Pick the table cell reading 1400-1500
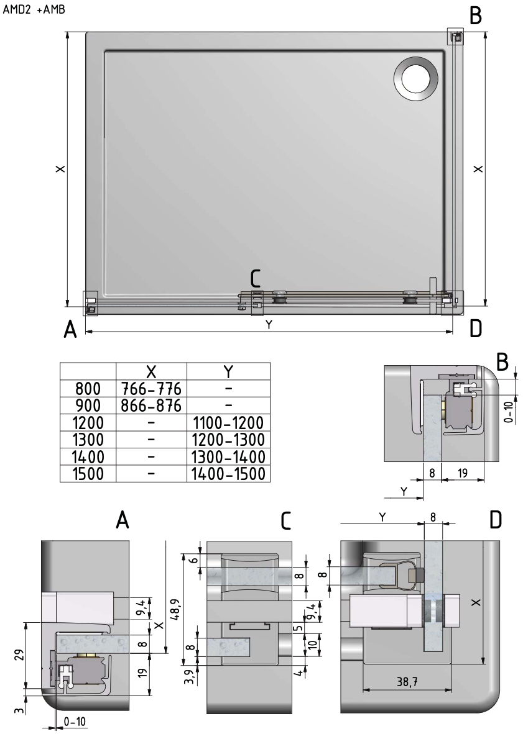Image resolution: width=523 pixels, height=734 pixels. tap(228, 473)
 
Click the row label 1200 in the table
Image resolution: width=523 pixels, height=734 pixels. tap(88, 424)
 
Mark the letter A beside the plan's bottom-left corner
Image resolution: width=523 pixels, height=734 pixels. tap(72, 331)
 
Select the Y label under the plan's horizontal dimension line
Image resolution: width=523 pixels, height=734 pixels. tap(269, 325)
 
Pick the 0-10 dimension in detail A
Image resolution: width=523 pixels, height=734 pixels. tap(75, 722)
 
